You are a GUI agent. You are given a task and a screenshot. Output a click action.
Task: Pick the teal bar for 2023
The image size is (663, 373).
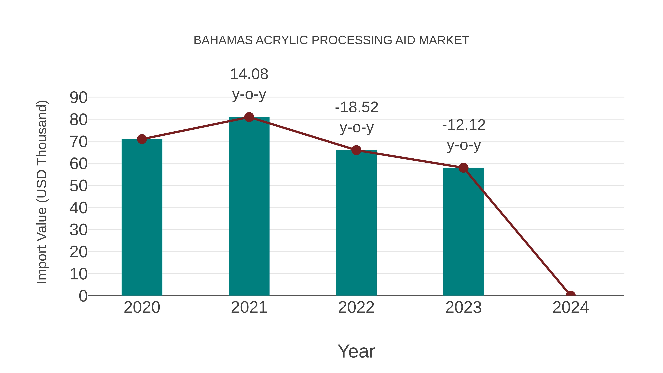[463, 232]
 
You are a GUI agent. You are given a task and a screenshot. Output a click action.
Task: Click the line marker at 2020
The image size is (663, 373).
[142, 139]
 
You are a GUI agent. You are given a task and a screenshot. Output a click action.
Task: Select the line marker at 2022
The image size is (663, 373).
[356, 150]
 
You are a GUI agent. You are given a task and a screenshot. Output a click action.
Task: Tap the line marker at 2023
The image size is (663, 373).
[463, 168]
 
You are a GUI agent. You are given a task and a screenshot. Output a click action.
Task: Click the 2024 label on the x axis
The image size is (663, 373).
[571, 307]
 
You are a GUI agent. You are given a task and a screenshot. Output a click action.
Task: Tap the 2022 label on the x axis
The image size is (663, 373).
[356, 307]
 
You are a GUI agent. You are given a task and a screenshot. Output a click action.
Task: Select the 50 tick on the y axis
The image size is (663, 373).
[78, 186]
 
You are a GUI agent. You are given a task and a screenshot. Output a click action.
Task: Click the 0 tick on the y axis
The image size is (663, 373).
[83, 296]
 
